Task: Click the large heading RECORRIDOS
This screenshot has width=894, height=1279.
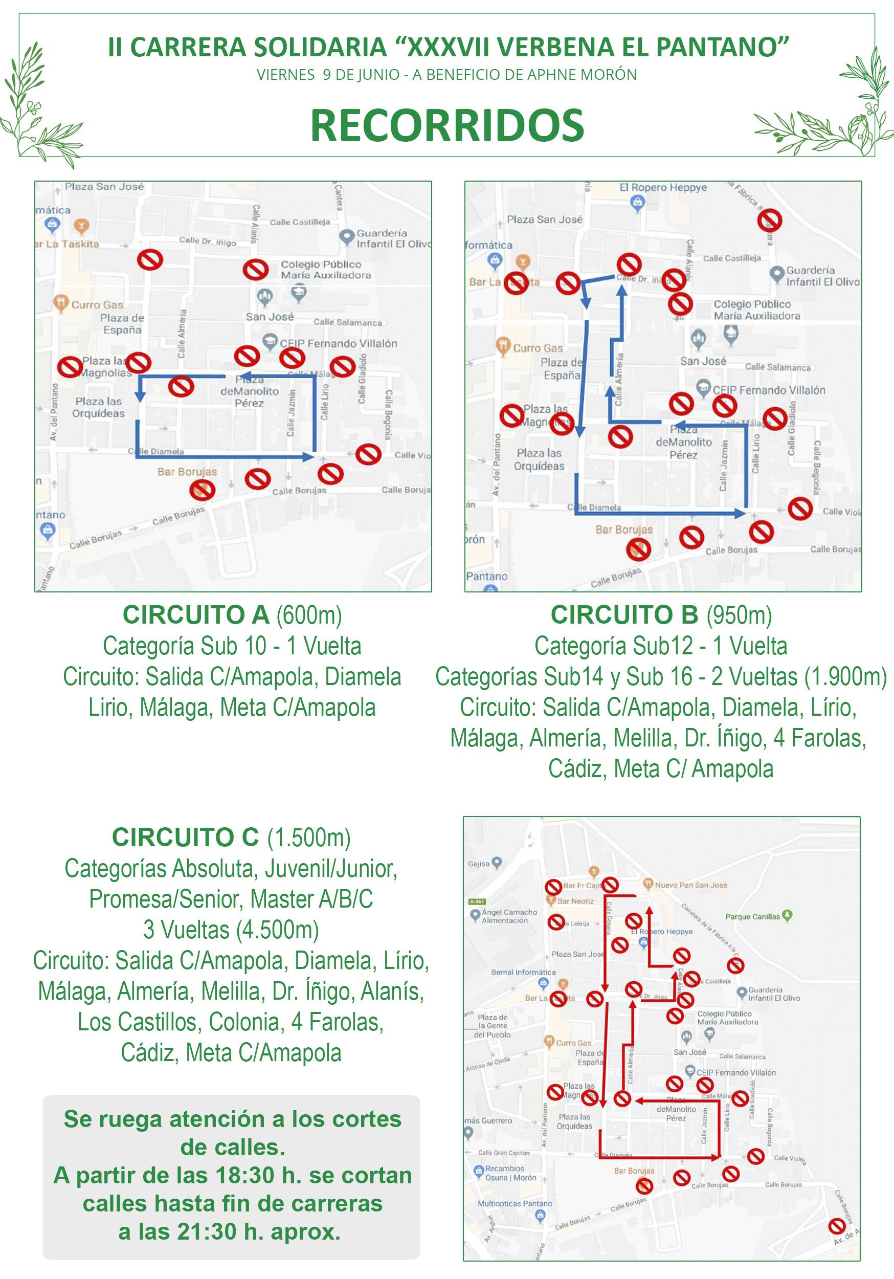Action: [446, 125]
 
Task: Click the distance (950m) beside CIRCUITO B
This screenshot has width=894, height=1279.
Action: [739, 615]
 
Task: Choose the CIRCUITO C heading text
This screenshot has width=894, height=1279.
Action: [186, 837]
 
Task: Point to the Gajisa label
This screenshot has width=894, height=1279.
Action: [479, 864]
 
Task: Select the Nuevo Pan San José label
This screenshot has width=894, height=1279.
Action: [690, 885]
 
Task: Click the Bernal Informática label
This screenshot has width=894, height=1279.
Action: [523, 972]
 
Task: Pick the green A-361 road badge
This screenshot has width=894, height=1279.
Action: [477, 901]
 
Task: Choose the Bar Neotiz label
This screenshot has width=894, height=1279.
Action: [575, 901]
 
